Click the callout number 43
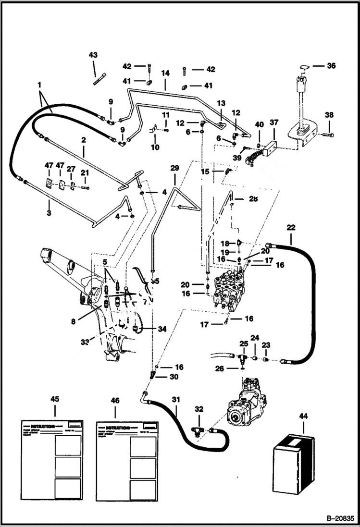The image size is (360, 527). pos(93,56)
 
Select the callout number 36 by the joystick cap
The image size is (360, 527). pos(331,66)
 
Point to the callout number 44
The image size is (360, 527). pos(304,417)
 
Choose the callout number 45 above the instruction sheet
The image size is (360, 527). pos(55,399)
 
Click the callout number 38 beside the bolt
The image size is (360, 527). pos(329,115)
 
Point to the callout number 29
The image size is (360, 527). pos(174,168)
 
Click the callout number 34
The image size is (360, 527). pos(161,329)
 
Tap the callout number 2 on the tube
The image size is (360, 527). pos(83,141)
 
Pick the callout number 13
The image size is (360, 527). pos(221,103)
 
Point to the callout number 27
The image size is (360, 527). pos(71,169)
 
